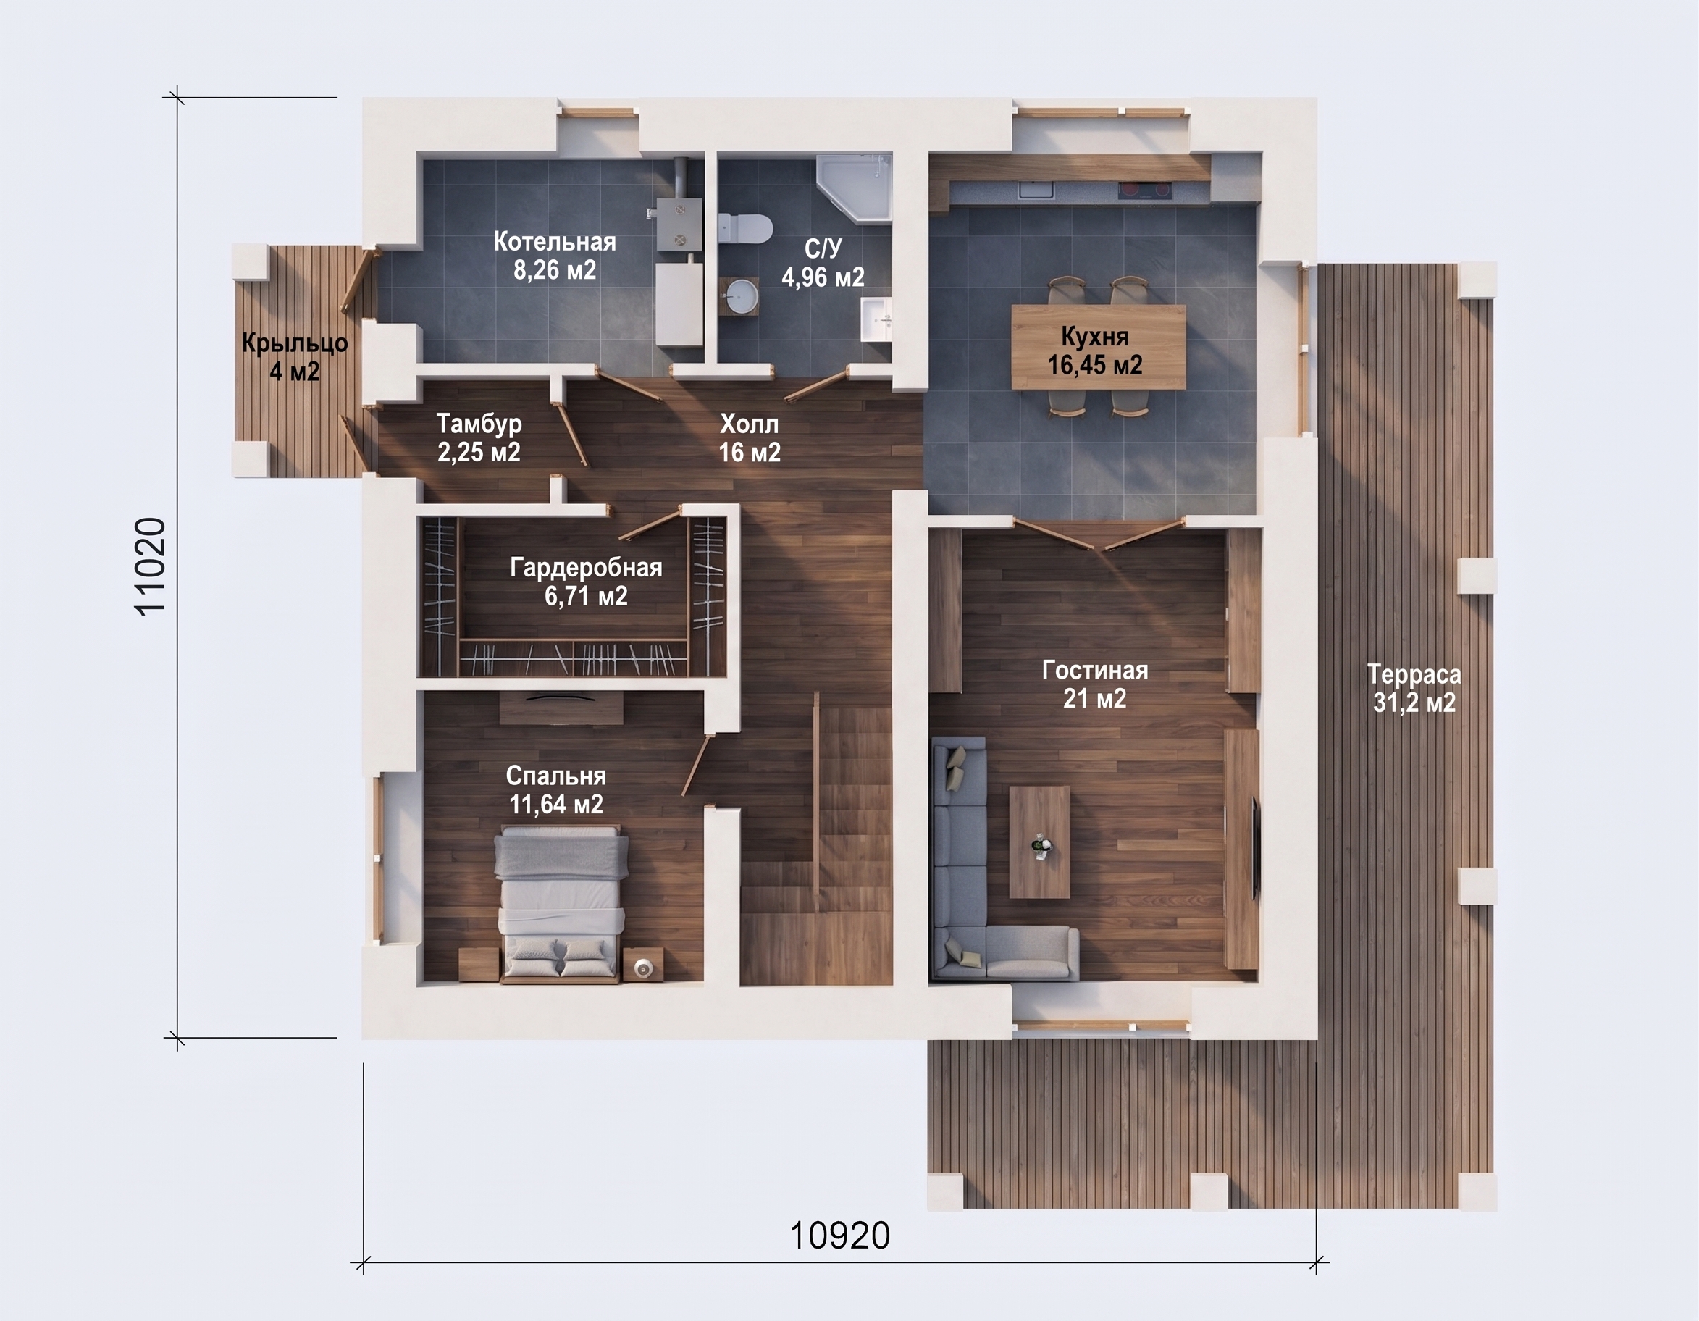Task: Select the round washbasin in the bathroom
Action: tap(742, 296)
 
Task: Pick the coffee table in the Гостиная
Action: tap(1039, 842)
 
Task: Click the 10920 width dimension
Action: tap(840, 1236)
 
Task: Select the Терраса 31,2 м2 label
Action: tap(1414, 689)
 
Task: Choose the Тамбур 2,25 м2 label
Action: tap(479, 437)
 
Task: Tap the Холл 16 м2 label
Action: tap(749, 437)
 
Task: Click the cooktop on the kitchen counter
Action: tap(1146, 189)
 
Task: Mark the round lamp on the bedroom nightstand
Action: tap(644, 967)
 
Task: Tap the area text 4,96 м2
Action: tap(823, 277)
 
